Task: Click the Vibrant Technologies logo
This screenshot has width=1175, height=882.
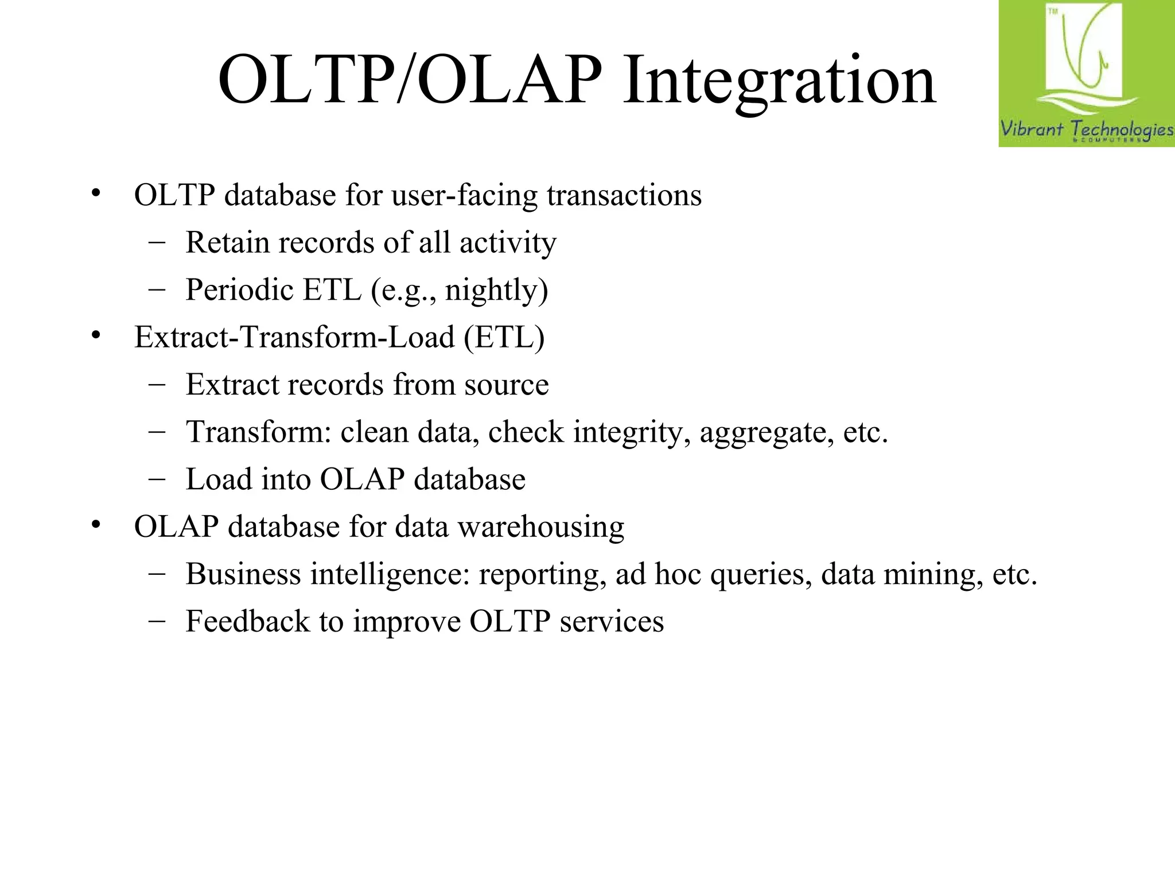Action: tap(1086, 73)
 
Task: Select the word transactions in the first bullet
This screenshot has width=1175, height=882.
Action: tap(624, 195)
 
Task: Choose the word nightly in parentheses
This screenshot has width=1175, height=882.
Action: tap(492, 291)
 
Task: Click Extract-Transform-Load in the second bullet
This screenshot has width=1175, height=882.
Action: tap(294, 337)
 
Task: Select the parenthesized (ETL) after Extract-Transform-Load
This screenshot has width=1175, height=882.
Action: tap(504, 338)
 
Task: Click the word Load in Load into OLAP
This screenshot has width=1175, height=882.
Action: tap(219, 479)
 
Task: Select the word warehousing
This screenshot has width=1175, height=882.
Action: tap(540, 527)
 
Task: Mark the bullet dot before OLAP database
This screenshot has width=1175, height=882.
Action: tap(96, 525)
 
